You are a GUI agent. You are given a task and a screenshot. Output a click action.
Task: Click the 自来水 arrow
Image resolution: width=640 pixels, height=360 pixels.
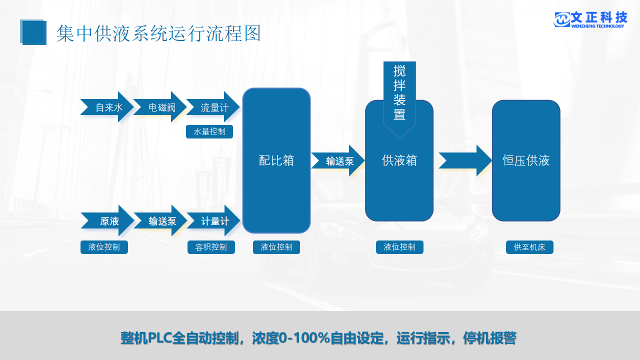pos(106,107)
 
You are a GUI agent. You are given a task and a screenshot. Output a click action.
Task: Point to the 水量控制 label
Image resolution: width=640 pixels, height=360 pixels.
pos(209,132)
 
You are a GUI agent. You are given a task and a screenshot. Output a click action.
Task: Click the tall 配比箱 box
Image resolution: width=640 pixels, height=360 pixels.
pos(276,160)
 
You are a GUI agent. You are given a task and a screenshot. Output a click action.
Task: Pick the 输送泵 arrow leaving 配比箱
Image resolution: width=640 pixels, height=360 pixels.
pos(338,160)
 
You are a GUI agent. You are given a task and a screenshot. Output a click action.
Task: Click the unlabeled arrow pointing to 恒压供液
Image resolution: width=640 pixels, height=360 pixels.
pos(465,160)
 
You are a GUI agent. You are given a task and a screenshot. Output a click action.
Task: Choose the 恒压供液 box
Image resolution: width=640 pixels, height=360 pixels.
pos(526,160)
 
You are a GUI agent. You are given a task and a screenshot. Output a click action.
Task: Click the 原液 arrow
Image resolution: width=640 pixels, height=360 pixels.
pos(107,220)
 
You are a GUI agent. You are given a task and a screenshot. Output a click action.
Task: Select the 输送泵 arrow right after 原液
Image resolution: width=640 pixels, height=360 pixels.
pos(160,220)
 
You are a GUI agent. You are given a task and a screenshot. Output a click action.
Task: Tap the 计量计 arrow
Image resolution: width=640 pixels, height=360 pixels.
pos(213,220)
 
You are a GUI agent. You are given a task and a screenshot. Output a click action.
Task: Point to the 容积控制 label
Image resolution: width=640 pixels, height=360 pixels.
pos(211,247)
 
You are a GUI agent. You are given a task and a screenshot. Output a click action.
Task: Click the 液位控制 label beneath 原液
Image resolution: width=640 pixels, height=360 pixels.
pos(104,247)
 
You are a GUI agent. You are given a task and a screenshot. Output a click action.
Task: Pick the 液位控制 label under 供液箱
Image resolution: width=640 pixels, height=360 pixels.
pos(399,247)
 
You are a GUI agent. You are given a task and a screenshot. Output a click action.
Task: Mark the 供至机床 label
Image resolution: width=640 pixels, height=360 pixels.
pos(529,247)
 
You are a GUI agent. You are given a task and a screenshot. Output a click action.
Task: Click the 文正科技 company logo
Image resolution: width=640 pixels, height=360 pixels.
pos(590,19)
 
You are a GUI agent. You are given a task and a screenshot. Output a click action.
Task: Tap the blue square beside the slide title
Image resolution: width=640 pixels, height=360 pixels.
pos(33,32)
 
